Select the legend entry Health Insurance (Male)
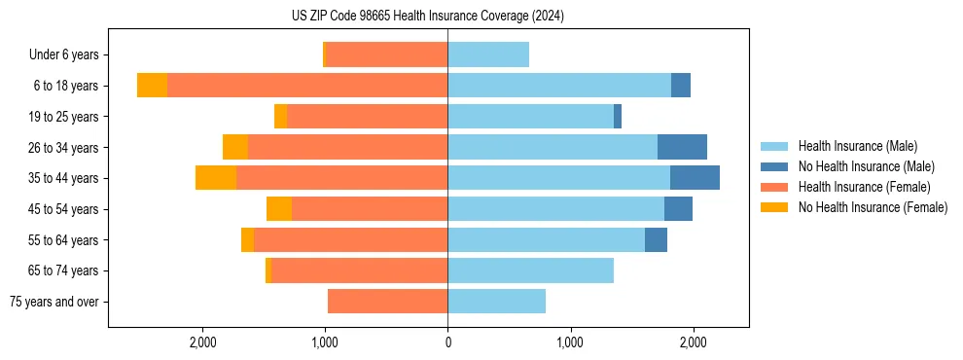pyautogui.click(x=857, y=146)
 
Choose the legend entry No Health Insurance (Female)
pyautogui.click(x=873, y=207)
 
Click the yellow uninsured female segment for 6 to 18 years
pyautogui.click(x=152, y=86)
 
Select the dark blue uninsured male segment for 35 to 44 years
pyautogui.click(x=695, y=178)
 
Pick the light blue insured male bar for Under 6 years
pyautogui.click(x=488, y=54)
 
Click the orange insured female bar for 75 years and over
pyautogui.click(x=387, y=302)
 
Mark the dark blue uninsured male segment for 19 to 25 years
pyautogui.click(x=618, y=117)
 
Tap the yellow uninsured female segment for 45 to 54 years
pyautogui.click(x=279, y=209)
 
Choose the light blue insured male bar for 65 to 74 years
pyautogui.click(x=530, y=270)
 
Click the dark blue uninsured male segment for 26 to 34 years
pyautogui.click(x=682, y=147)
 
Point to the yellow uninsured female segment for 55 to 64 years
pyautogui.click(x=247, y=239)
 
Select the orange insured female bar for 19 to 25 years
pyautogui.click(x=367, y=117)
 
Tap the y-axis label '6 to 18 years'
pyautogui.click(x=66, y=86)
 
